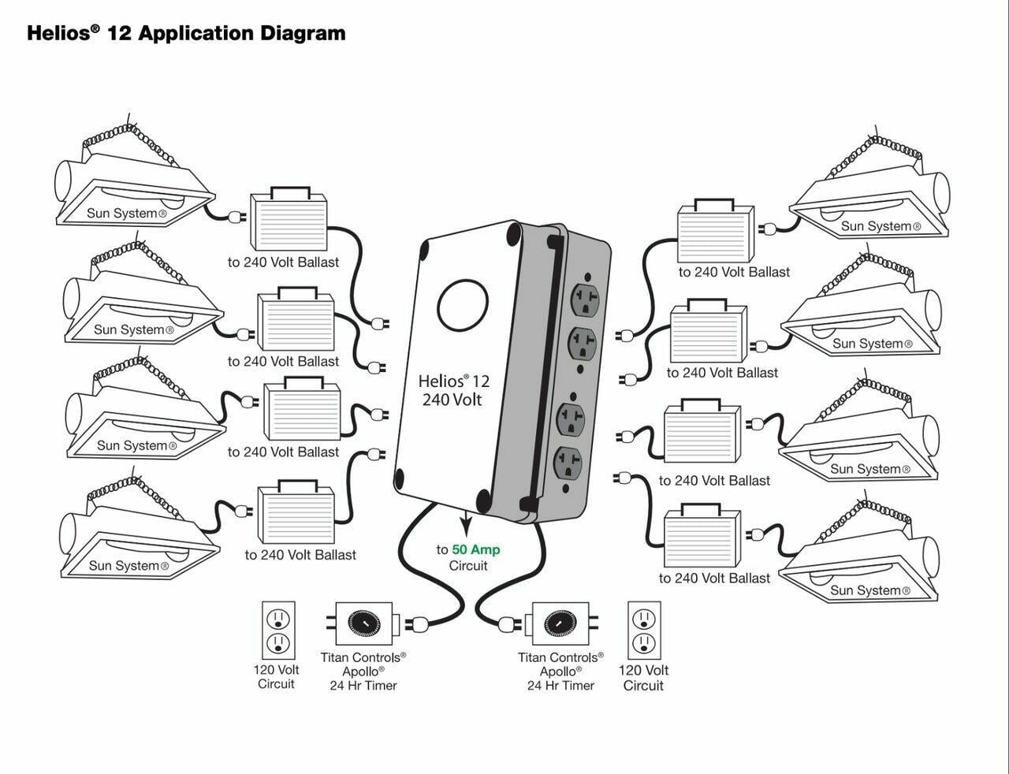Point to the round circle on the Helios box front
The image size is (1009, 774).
pyautogui.click(x=463, y=308)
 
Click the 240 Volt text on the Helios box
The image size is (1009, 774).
pyautogui.click(x=452, y=400)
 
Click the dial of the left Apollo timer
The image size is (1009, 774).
pyautogui.click(x=363, y=623)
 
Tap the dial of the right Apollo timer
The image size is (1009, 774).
pyautogui.click(x=560, y=623)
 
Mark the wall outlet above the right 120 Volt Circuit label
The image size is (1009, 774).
pyautogui.click(x=643, y=631)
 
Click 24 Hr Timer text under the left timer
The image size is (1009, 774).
pyautogui.click(x=363, y=686)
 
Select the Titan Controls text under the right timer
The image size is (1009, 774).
pyautogui.click(x=560, y=657)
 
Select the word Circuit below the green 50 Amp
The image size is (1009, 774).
pyautogui.click(x=468, y=566)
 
